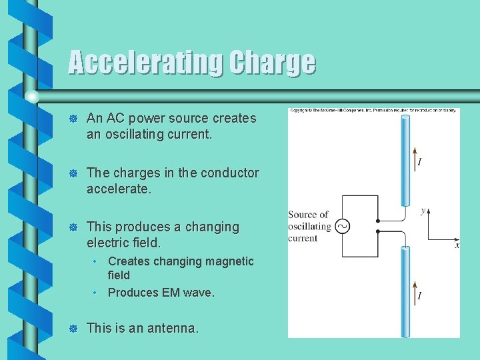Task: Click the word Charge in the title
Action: pos(272,63)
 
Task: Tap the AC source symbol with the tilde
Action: pos(342,226)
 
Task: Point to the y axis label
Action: pos(423,211)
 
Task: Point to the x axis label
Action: pos(457,245)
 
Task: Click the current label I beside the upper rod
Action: pos(419,162)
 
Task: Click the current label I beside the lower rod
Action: pos(419,295)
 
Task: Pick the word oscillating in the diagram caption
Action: pos(309,226)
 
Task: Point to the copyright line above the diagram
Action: pos(373,111)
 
